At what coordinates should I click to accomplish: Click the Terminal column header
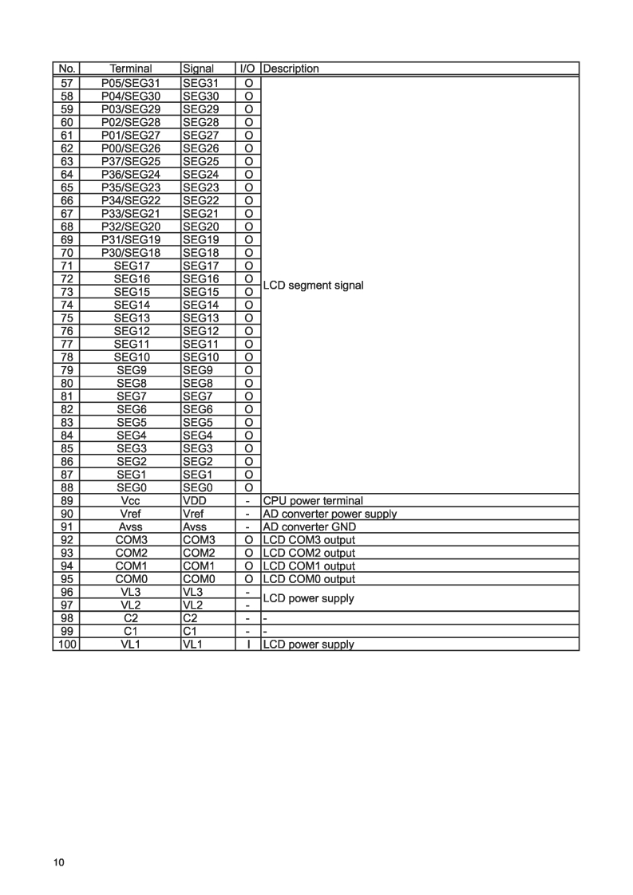pyautogui.click(x=131, y=69)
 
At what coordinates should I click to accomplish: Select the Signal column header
pyautogui.click(x=198, y=69)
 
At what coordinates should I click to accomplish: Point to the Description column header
pyautogui.click(x=291, y=69)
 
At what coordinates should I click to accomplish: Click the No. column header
pyautogui.click(x=66, y=69)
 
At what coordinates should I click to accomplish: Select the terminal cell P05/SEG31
pyautogui.click(x=131, y=82)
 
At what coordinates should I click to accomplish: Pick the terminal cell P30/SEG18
pyautogui.click(x=131, y=252)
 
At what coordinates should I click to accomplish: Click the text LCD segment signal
pyautogui.click(x=313, y=285)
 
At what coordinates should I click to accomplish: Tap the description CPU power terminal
pyautogui.click(x=313, y=501)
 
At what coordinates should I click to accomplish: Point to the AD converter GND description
pyautogui.click(x=310, y=527)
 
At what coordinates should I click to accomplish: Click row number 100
pyautogui.click(x=66, y=645)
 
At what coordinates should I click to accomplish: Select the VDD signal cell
pyautogui.click(x=195, y=501)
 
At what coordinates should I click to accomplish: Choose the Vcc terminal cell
pyautogui.click(x=131, y=501)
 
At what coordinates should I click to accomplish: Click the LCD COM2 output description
pyautogui.click(x=310, y=553)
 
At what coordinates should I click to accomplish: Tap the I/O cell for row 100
pyautogui.click(x=248, y=645)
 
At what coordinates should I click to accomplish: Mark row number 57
pyautogui.click(x=66, y=82)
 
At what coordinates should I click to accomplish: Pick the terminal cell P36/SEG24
pyautogui.click(x=131, y=174)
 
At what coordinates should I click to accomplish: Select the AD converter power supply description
pyautogui.click(x=330, y=514)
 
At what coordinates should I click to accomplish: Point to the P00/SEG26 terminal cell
pyautogui.click(x=131, y=148)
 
